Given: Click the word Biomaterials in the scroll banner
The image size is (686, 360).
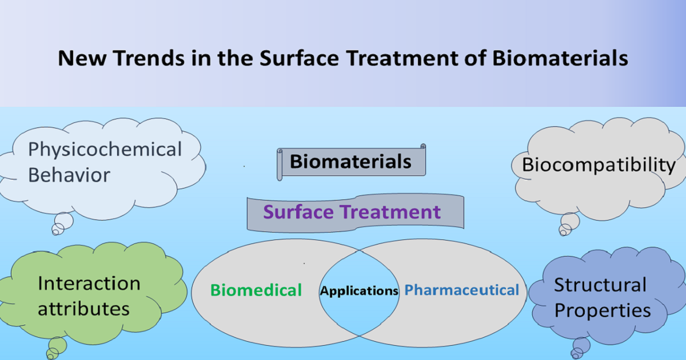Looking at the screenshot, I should [350, 162].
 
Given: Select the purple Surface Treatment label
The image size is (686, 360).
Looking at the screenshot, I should [352, 212].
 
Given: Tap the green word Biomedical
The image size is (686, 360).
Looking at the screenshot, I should [256, 290].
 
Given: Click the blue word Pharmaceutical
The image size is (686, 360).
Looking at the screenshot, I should [461, 290].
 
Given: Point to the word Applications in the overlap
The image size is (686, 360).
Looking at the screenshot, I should [359, 291].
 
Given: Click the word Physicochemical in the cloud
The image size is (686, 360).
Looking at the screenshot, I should [105, 150].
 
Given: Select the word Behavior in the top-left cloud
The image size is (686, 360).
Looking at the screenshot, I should [69, 175].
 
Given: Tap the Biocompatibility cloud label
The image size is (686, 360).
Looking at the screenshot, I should [599, 165].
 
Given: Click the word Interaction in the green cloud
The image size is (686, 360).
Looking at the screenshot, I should [89, 283].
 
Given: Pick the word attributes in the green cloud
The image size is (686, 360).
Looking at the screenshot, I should [83, 309].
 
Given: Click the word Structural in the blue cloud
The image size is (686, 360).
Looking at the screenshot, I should [600, 285].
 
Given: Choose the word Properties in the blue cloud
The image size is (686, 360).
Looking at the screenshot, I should [603, 310].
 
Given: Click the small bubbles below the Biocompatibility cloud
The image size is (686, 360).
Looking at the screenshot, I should [568, 225].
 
